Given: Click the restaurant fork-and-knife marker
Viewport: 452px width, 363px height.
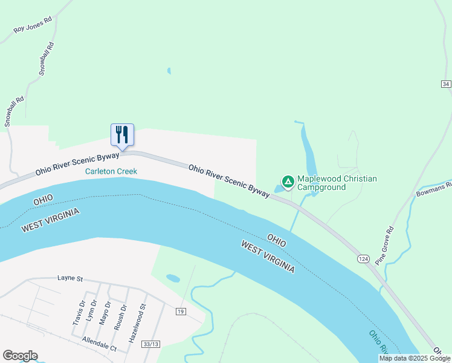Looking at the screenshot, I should [122, 134].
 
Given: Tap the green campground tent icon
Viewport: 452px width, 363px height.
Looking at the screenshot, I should [288, 181].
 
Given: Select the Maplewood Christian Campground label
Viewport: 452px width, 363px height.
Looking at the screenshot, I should [336, 183].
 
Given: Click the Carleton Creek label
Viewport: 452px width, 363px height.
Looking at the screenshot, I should [111, 171].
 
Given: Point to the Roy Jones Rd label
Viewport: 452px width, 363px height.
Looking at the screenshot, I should [33, 25].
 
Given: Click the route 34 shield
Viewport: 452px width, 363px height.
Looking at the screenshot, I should [446, 84].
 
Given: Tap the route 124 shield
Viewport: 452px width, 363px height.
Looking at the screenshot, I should [363, 259].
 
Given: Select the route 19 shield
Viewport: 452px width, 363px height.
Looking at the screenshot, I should [181, 312].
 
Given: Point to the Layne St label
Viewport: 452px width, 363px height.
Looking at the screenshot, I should [69, 278].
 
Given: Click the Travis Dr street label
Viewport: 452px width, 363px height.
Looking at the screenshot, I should [77, 313].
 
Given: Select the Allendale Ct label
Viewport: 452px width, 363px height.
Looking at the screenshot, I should [99, 344].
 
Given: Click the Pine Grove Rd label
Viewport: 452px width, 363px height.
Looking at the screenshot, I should [384, 245].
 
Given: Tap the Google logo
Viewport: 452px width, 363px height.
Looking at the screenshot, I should [20, 356].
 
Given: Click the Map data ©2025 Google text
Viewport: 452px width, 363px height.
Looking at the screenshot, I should [415, 358].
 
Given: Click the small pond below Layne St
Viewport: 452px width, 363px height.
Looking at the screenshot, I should [173, 278].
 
